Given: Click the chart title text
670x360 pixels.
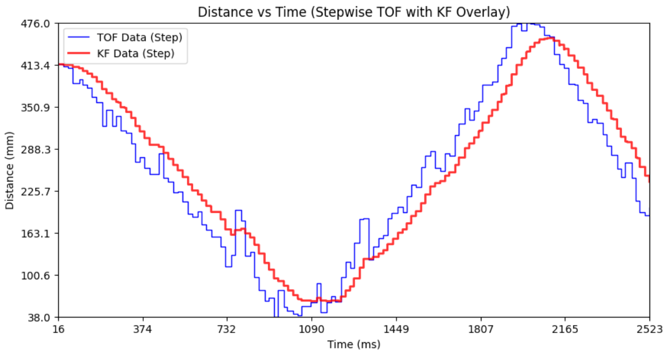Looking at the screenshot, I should pos(354,12).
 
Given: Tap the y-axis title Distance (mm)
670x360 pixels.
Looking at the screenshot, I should pos(10,170).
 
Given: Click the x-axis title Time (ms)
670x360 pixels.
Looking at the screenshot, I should pos(354,344).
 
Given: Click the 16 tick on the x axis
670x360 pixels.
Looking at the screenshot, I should pos(59,329).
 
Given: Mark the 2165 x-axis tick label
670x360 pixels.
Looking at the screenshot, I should pos(565,329).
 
